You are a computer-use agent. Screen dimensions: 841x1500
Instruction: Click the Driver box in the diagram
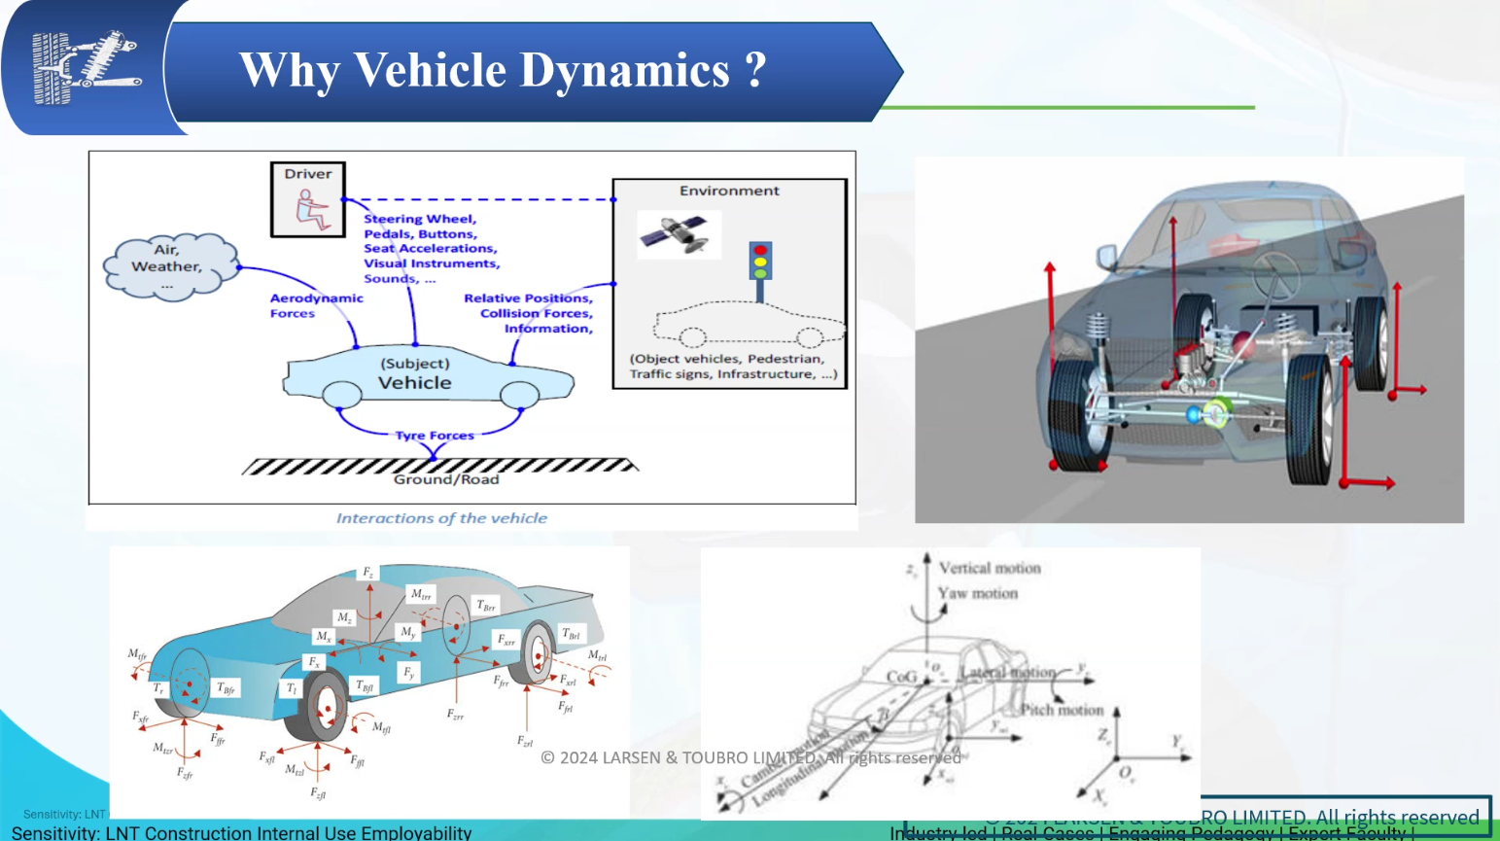click(308, 199)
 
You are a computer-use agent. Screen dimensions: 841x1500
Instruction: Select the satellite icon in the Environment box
click(679, 234)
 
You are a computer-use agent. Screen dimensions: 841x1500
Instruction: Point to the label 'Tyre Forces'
click(435, 436)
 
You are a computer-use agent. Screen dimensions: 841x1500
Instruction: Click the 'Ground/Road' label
click(446, 479)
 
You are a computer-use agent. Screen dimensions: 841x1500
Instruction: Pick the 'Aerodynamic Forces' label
click(316, 305)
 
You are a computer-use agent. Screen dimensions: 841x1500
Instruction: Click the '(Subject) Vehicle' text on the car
click(415, 373)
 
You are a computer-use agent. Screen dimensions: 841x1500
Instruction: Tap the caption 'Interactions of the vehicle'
click(441, 518)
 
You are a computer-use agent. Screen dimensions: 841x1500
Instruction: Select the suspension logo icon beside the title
click(86, 67)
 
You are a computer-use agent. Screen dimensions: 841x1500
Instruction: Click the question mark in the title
click(755, 71)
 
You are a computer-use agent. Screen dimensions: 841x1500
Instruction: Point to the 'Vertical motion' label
click(990, 568)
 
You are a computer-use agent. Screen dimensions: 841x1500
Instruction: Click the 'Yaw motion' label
click(978, 593)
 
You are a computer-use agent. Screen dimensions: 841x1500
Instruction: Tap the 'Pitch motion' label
click(1062, 710)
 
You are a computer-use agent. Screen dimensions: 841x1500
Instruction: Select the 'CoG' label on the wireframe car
click(902, 677)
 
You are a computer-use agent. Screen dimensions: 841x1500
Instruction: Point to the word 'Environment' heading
click(729, 191)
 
